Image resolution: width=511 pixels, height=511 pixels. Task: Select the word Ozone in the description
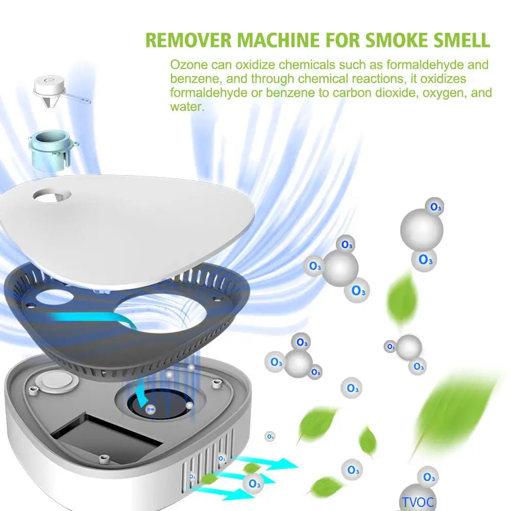click(189, 64)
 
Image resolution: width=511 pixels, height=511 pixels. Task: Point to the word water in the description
click(187, 107)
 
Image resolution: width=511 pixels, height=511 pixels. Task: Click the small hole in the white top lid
click(52, 196)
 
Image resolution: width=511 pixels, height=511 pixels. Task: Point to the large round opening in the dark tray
click(162, 313)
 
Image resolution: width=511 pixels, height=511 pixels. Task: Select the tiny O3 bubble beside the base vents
click(270, 436)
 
